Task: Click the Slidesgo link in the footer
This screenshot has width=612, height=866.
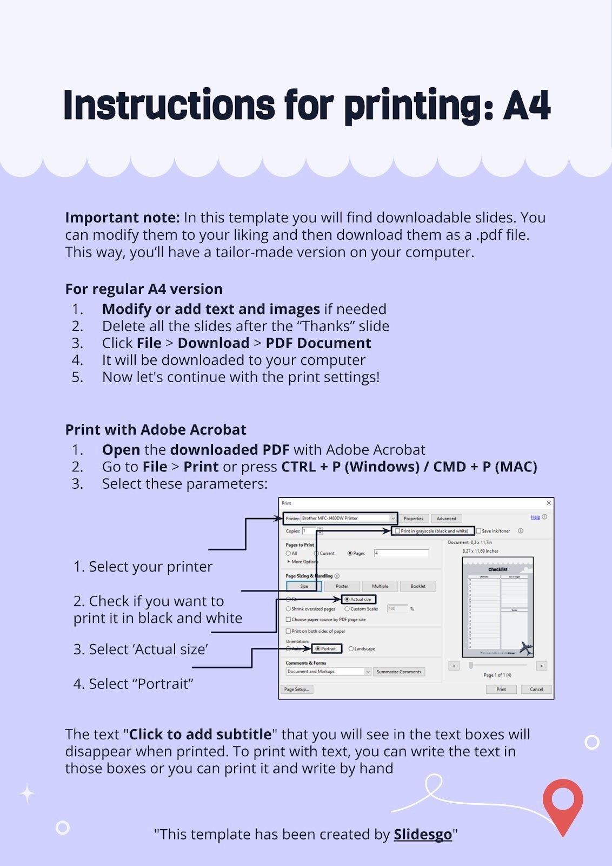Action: click(x=422, y=834)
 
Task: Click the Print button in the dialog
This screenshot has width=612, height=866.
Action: click(x=501, y=689)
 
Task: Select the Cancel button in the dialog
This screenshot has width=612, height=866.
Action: click(x=536, y=689)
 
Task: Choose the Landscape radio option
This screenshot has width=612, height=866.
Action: click(x=351, y=648)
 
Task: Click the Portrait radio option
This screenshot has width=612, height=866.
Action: click(x=318, y=648)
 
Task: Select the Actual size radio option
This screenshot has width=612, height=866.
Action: click(x=347, y=599)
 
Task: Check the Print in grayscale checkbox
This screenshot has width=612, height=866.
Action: click(x=398, y=531)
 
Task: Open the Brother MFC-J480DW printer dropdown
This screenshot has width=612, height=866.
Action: click(x=393, y=519)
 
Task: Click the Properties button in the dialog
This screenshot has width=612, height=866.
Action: click(x=414, y=519)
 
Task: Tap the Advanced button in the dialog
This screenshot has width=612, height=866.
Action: click(x=446, y=519)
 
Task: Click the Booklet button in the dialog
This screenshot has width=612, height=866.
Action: click(x=418, y=586)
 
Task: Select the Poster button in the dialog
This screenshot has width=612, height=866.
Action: click(x=342, y=586)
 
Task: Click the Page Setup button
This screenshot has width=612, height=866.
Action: click(x=297, y=689)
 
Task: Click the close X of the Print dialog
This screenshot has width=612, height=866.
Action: click(x=549, y=503)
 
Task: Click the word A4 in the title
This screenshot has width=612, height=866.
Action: click(x=527, y=106)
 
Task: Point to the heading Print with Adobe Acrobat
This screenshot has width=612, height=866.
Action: click(x=156, y=430)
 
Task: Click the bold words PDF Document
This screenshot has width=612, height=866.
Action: click(x=318, y=343)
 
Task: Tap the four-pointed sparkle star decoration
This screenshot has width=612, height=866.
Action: click(x=27, y=793)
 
